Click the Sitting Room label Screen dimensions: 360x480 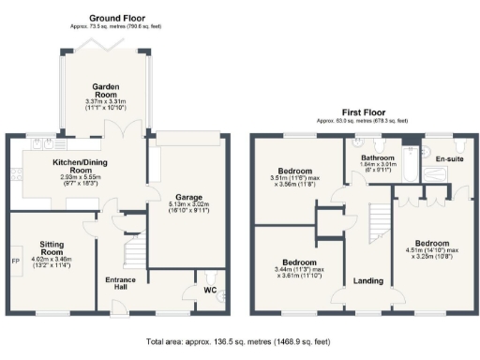point(44,243)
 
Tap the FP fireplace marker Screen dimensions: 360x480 point(16,261)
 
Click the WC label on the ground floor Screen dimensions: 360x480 point(210,291)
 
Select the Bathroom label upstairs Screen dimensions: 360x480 point(379,157)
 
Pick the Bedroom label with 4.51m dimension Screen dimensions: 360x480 point(434,242)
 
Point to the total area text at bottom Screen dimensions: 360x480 point(240,344)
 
